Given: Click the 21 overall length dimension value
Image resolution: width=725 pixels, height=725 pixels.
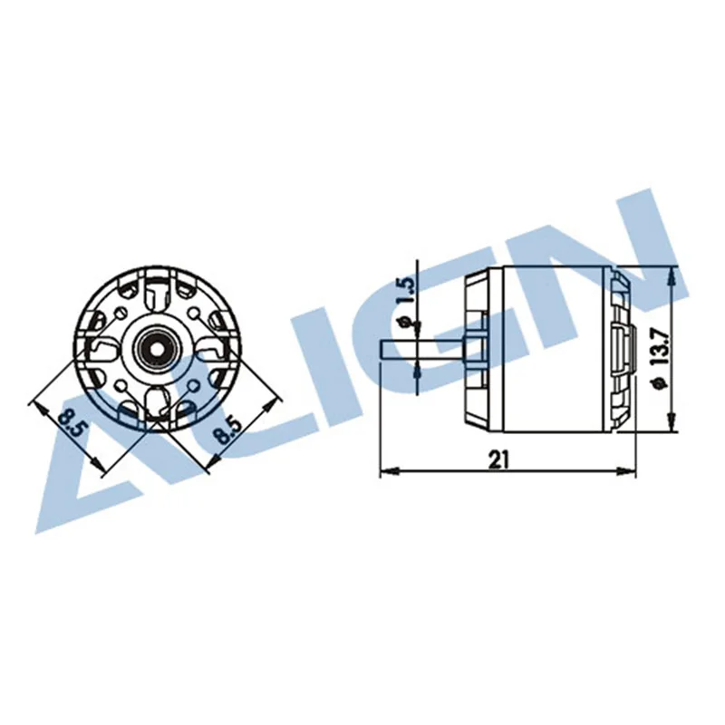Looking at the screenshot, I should coord(498,459).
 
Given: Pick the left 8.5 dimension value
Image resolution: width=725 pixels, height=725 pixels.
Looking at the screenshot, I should coord(70,423).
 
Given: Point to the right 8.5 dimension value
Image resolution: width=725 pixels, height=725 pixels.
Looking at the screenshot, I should coord(225,423).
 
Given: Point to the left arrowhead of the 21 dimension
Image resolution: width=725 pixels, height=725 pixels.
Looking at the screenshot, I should coord(385,470).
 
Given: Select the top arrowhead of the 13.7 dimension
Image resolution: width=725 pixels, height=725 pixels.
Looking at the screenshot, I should coord(671,275).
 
